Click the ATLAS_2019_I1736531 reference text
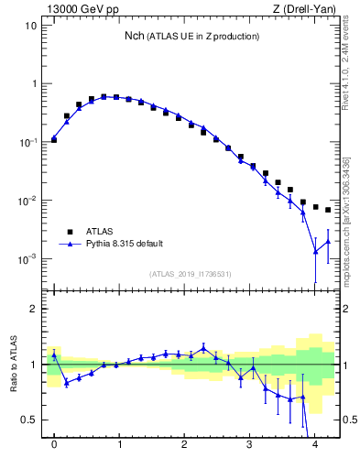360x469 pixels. [x=191, y=274]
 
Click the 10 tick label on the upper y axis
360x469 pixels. [x=30, y=26]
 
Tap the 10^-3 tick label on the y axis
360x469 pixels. [x=27, y=259]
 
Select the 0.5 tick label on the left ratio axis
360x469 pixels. [x=29, y=420]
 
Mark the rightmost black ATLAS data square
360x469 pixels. [x=328, y=210]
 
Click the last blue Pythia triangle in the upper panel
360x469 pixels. [x=328, y=242]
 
